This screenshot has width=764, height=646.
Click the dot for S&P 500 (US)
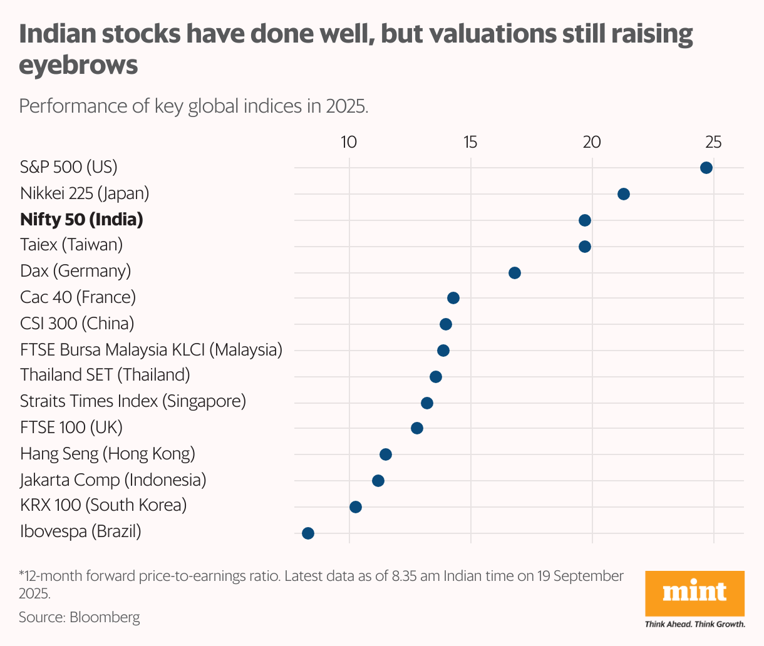[706, 168]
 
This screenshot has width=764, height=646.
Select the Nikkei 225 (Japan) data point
[623, 194]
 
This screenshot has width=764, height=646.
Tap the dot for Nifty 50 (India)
[584, 220]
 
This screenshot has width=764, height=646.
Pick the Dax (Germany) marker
[514, 273]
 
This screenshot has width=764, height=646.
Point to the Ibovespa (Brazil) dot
[307, 533]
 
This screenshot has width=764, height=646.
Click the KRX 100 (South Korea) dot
[355, 507]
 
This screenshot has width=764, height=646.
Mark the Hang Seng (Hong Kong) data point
[385, 454]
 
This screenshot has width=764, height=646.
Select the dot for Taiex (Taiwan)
[584, 247]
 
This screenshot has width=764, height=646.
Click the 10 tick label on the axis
[349, 143]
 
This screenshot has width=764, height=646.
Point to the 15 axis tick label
[470, 143]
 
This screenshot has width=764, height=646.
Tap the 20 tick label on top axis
[592, 143]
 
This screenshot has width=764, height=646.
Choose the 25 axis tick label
[713, 143]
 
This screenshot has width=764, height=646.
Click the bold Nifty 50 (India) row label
[81, 220]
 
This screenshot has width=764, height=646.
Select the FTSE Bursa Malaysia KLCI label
[151, 349]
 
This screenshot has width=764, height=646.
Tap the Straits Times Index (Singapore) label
[133, 401]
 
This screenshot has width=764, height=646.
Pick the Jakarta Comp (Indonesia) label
[113, 480]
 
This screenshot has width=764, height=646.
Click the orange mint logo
[694, 593]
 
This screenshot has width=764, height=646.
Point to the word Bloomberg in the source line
[105, 617]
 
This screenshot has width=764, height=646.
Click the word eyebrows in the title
[78, 64]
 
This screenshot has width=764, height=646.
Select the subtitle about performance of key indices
[194, 106]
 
